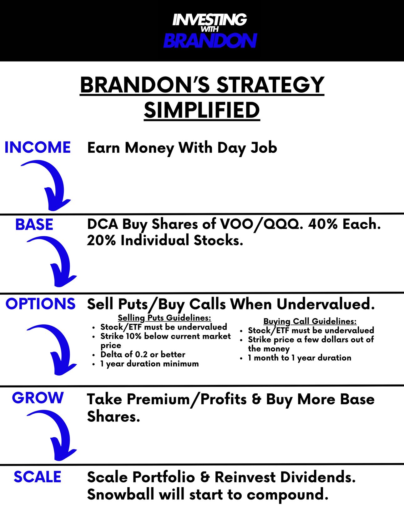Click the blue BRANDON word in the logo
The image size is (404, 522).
(210, 41)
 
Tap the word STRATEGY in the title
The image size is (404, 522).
(270, 85)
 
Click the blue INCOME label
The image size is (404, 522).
(38, 147)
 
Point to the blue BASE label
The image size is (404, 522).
(34, 224)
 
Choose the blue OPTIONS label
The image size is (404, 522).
(40, 304)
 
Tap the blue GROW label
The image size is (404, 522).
(38, 398)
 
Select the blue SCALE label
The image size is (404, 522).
(37, 477)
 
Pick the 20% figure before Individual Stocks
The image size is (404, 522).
(101, 240)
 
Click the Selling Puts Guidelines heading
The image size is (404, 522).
(164, 318)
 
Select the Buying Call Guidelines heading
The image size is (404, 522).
(310, 321)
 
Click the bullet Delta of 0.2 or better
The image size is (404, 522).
(143, 354)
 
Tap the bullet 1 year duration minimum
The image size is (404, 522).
(149, 364)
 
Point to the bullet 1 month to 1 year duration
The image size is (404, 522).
(300, 358)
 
